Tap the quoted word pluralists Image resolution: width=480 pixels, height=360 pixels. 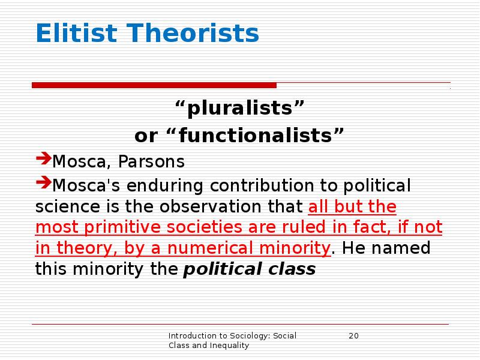[x=240, y=110]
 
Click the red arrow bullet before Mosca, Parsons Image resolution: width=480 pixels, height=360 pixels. [x=43, y=160]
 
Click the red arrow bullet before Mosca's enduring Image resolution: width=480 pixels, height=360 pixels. [x=43, y=181]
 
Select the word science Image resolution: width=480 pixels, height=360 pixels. [x=65, y=207]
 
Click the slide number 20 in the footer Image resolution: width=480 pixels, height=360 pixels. [x=353, y=335]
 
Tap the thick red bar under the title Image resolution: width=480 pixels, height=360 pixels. [x=154, y=85]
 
